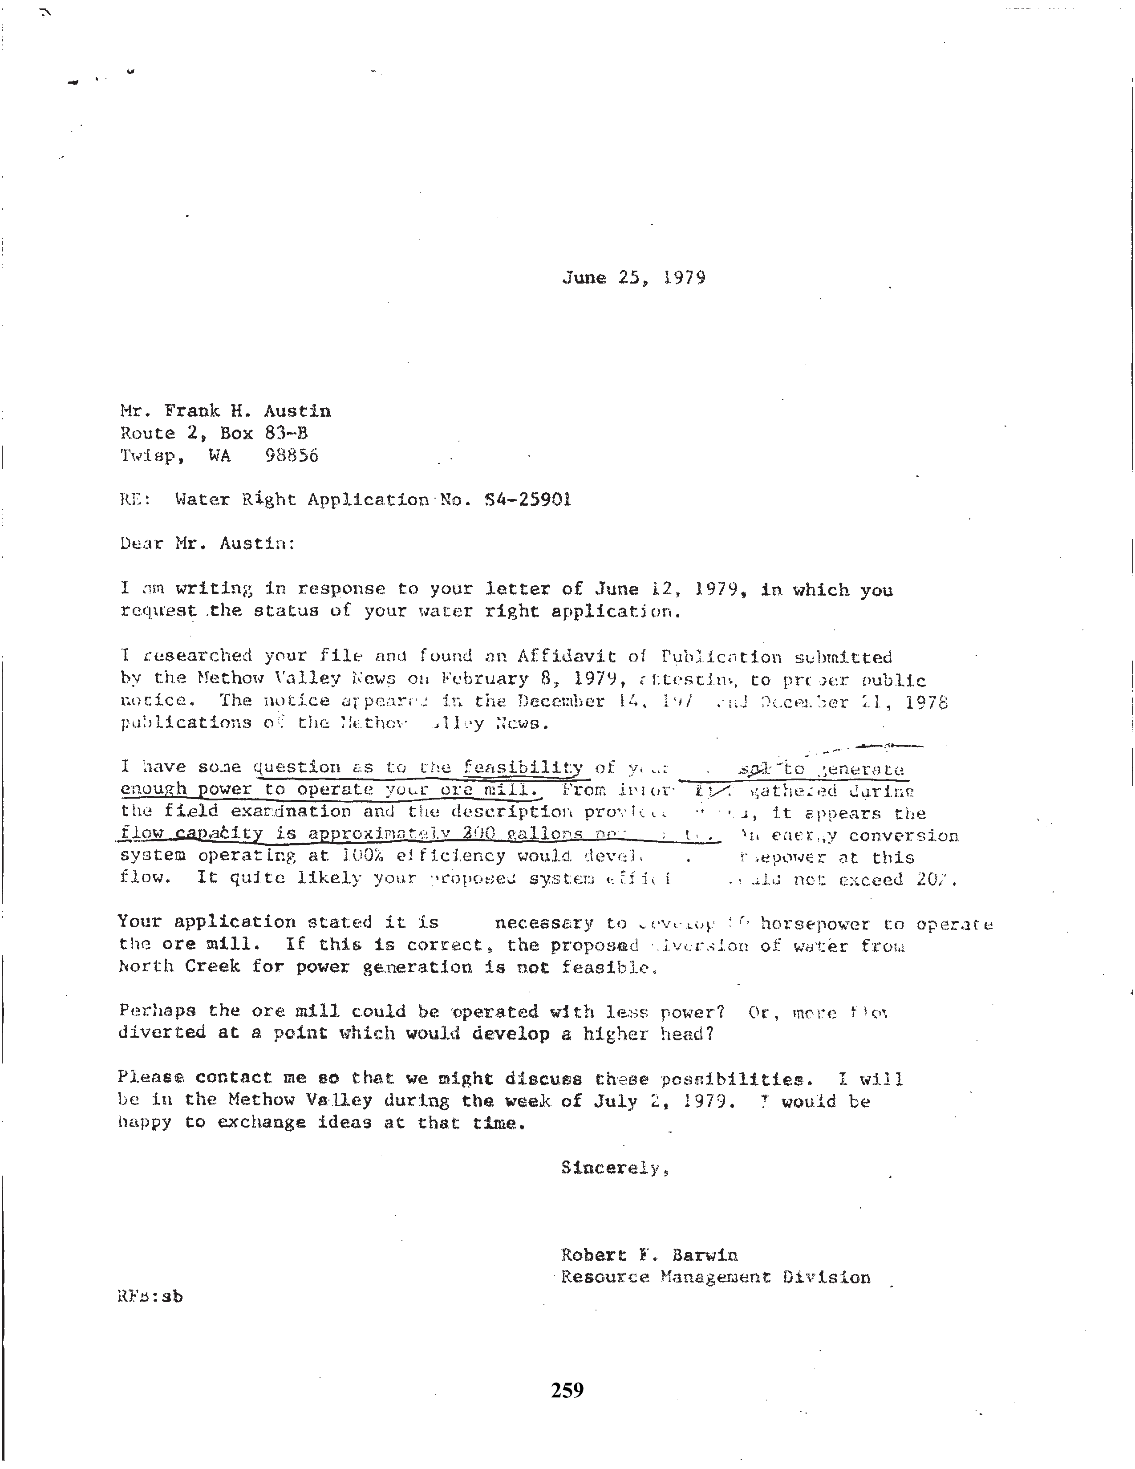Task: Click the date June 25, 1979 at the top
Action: [x=633, y=278]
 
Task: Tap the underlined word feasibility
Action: [x=523, y=767]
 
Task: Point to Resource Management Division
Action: [x=715, y=1277]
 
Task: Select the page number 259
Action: [x=567, y=1390]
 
